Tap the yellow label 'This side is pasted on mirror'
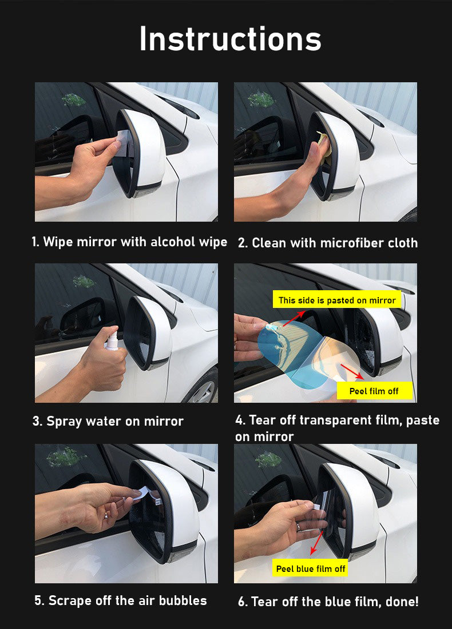[336, 300]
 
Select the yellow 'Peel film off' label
[374, 391]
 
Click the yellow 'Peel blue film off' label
[311, 568]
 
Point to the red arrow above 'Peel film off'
[352, 372]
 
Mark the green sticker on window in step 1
[74, 99]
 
